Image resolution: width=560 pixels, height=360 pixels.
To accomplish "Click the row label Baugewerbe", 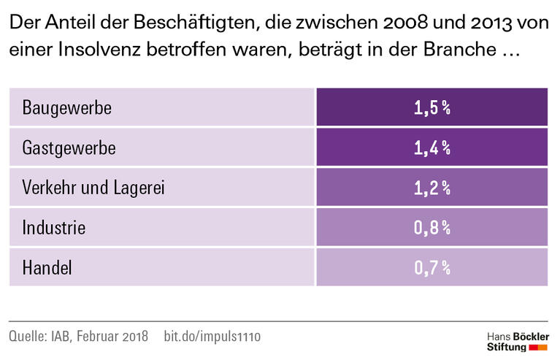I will coord(66,108).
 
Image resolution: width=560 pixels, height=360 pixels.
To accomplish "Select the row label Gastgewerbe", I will coord(69,148).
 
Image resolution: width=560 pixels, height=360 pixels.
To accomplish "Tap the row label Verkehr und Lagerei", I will coord(93,188).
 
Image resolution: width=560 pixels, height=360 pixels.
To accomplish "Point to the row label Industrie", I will coord(54,228).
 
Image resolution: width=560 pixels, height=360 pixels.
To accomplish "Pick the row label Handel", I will coord(47,268).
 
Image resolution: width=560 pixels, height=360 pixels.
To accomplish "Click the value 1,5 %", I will coord(431,108).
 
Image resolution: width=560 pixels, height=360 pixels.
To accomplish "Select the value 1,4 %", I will coord(431,148).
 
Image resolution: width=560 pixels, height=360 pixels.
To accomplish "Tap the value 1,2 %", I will coord(431,188).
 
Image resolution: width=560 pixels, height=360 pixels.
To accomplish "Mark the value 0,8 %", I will coord(431,228).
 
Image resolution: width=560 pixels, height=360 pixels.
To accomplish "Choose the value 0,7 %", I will coord(431,268).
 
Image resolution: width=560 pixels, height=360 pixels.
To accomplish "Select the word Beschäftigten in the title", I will coord(186,23).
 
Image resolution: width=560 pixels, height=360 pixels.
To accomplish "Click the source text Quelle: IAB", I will coord(39,337).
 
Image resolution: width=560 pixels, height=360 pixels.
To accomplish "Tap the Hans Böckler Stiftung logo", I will coord(516,341).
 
